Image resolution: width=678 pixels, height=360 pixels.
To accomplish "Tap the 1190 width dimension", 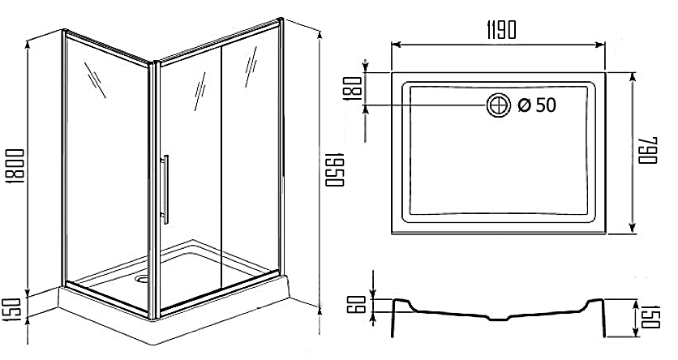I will (x=500, y=28).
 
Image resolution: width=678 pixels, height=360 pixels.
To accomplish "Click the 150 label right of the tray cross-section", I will (x=649, y=317).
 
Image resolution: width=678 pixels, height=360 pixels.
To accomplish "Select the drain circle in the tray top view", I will (x=498, y=105).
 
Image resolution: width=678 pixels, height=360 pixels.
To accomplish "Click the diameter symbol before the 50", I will (x=523, y=106).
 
